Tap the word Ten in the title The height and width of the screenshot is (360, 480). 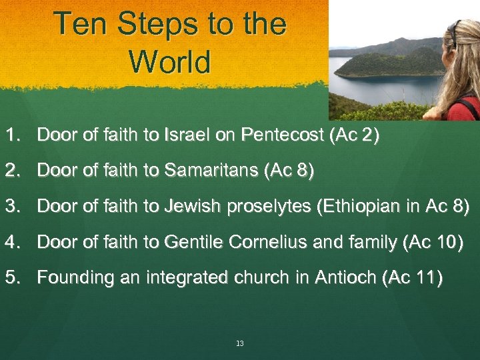coord(79,24)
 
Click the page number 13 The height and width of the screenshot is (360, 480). coord(240,343)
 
